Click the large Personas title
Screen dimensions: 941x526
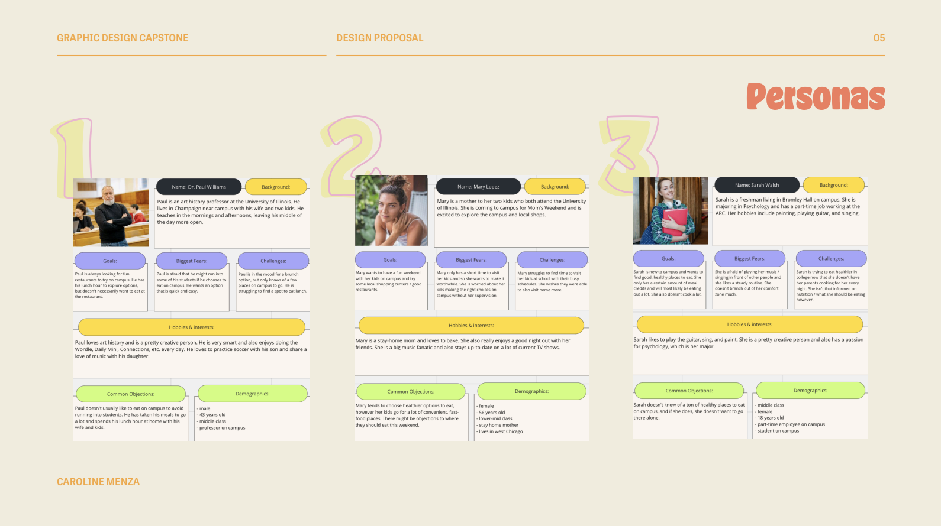click(816, 97)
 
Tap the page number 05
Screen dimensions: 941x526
click(879, 38)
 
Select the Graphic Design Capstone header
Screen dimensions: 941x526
click(123, 38)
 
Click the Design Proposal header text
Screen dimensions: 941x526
click(379, 38)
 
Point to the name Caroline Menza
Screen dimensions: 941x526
click(98, 482)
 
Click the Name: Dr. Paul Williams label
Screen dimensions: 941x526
click(199, 187)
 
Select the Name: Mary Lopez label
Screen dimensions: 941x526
click(478, 187)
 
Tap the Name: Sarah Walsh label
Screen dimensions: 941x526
click(756, 185)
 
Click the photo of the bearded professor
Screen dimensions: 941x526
click(111, 213)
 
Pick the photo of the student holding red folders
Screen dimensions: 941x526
click(671, 211)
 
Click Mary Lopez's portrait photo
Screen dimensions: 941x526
click(391, 210)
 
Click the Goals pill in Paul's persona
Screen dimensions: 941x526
click(110, 261)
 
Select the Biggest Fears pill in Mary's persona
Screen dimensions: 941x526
click(471, 259)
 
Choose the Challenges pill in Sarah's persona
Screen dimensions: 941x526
click(831, 258)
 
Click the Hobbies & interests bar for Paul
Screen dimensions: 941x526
click(192, 327)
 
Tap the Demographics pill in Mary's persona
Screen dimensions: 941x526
click(531, 391)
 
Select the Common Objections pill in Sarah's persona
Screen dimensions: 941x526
click(689, 391)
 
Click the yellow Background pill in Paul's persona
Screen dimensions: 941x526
click(276, 187)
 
